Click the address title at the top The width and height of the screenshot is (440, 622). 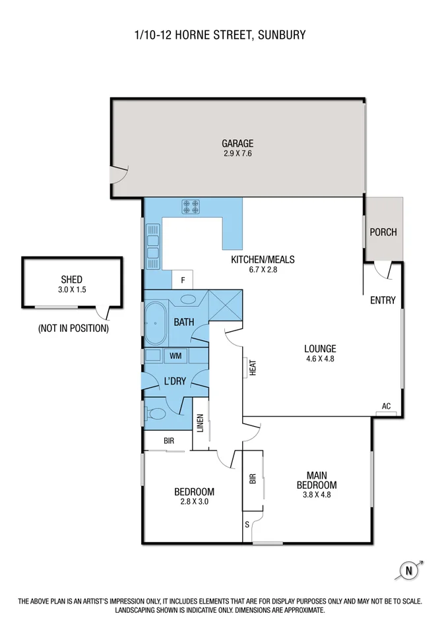pyautogui.click(x=220, y=34)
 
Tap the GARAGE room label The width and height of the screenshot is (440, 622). pyautogui.click(x=237, y=143)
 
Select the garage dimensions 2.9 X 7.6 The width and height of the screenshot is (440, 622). pyautogui.click(x=237, y=154)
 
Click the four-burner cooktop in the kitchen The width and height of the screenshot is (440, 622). pyautogui.click(x=191, y=208)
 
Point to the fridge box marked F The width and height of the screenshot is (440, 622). pyautogui.click(x=182, y=280)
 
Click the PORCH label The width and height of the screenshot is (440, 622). pyautogui.click(x=383, y=232)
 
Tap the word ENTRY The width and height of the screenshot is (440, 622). pyautogui.click(x=383, y=300)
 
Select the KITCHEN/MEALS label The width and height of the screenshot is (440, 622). pyautogui.click(x=263, y=259)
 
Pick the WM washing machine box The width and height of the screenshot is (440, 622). pyautogui.click(x=175, y=356)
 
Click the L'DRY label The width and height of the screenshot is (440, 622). pyautogui.click(x=175, y=381)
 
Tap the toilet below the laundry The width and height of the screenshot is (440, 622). pyautogui.click(x=156, y=414)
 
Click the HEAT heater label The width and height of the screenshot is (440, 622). pyautogui.click(x=252, y=367)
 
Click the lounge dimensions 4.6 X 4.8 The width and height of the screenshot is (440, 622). pyautogui.click(x=320, y=359)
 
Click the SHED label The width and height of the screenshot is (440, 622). pyautogui.click(x=72, y=279)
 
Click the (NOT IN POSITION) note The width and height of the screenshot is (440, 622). pyautogui.click(x=73, y=328)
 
